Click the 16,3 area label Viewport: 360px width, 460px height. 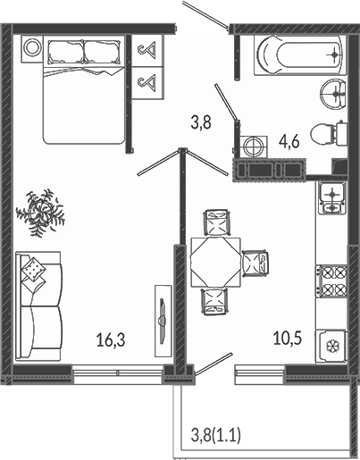coord(111,340)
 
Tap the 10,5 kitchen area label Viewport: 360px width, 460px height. coord(288,338)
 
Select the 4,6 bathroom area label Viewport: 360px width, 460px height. coord(289,141)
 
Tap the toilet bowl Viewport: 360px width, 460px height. coord(329,134)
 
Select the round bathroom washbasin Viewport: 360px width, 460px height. coord(333,94)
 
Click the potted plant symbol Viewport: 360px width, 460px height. coord(40,213)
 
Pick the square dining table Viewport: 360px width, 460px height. coord(215,262)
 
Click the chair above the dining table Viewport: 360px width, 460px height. coord(217,222)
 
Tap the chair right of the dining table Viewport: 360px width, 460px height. coord(255,261)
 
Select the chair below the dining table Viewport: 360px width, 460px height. coord(214,301)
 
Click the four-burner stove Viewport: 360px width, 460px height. coord(331,281)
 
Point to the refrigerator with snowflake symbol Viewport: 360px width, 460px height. coord(331,346)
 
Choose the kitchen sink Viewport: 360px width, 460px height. coord(332,197)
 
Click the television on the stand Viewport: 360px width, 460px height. coord(163,320)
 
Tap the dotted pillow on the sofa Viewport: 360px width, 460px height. coord(33,269)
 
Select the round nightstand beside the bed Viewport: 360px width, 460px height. coord(32,49)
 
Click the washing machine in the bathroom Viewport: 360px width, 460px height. coord(254,146)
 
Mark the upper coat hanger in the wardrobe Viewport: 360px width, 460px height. coord(148,50)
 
